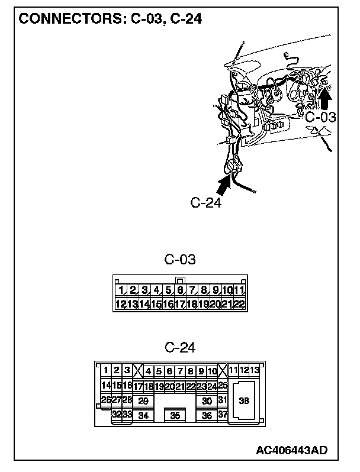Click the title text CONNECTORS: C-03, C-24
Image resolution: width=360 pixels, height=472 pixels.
111,18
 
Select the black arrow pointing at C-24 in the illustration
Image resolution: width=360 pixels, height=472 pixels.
223,185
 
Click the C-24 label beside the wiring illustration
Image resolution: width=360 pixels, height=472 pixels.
206,203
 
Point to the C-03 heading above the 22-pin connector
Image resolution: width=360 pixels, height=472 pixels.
180,259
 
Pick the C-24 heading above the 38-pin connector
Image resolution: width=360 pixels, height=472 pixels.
180,347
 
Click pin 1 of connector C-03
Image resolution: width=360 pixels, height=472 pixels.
121,290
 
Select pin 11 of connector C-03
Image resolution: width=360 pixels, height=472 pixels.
239,290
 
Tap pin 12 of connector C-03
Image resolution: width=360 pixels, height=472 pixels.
120,304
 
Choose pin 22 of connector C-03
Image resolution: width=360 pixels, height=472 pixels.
239,304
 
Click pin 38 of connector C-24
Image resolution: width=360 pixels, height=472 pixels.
243,400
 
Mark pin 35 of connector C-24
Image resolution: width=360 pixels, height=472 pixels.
175,415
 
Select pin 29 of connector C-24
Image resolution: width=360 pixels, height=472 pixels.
143,400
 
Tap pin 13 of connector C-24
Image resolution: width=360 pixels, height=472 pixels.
255,371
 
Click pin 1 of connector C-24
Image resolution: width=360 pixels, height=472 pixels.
106,371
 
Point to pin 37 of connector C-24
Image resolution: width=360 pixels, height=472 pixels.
223,415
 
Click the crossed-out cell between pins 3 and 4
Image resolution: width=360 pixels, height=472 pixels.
138,371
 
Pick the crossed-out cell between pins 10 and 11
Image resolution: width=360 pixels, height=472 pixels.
223,371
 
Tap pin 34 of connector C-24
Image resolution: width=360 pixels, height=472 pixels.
143,415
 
